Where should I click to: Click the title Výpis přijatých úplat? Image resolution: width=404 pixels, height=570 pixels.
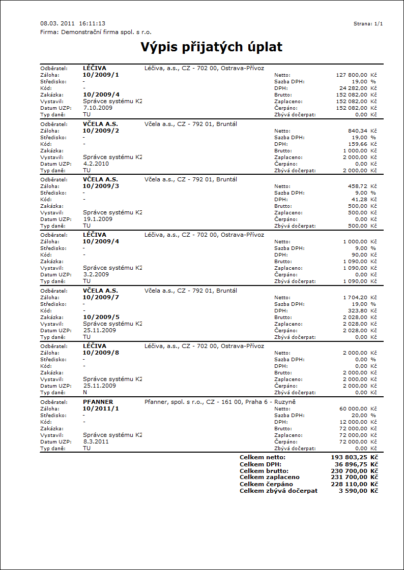[x=211, y=47]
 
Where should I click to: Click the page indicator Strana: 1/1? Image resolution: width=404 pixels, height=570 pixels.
[x=368, y=24]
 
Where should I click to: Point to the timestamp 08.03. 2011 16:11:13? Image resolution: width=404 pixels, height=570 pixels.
[x=73, y=23]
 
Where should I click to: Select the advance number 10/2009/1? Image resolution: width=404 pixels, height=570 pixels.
[x=101, y=75]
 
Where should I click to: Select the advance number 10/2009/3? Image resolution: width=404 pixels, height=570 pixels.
[x=101, y=186]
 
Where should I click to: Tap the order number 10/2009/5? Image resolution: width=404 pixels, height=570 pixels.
[x=101, y=316]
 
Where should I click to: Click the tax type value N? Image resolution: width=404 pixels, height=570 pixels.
[x=85, y=392]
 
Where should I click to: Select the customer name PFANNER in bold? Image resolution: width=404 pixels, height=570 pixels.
[x=98, y=402]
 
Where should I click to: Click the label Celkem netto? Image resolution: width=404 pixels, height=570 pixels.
[x=263, y=458]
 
